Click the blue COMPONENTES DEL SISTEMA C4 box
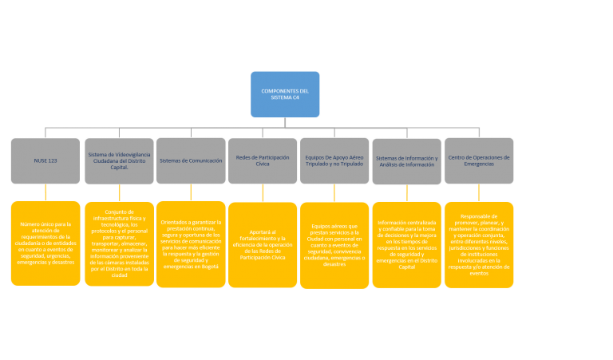click(285, 94)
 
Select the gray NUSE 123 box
click(45, 160)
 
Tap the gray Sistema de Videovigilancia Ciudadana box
click(119, 160)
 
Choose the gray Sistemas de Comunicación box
click(191, 160)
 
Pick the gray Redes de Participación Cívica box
click(263, 160)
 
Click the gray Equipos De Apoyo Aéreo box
click(334, 160)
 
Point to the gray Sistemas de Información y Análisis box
click(406, 160)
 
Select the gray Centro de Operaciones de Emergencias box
click(479, 160)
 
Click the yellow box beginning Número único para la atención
click(45, 243)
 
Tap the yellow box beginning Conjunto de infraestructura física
click(119, 243)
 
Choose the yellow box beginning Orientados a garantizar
click(191, 243)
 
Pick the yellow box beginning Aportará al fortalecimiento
click(263, 244)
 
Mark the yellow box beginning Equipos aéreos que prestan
click(334, 244)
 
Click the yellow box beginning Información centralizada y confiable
click(406, 244)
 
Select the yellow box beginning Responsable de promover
click(479, 243)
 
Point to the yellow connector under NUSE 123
click(45, 192)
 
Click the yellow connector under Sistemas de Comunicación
click(191, 192)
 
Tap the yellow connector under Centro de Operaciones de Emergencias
click(479, 192)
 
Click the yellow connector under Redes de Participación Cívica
click(263, 193)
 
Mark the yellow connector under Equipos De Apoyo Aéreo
click(334, 193)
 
